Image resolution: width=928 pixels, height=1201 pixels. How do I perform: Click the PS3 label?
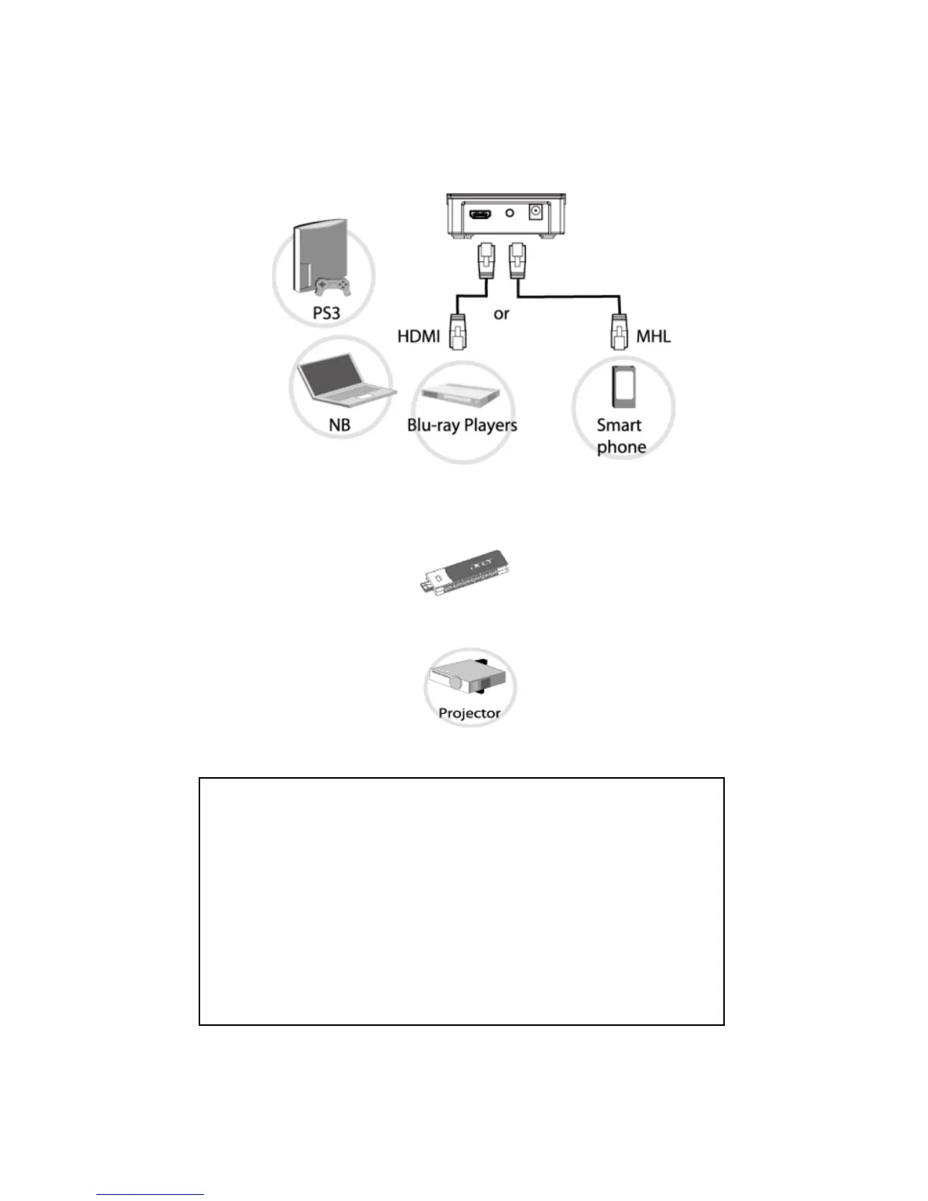point(327,313)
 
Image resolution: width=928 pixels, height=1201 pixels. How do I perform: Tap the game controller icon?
point(332,287)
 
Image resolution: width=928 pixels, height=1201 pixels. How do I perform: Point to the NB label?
point(340,425)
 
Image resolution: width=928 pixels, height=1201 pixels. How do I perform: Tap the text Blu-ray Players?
point(462,425)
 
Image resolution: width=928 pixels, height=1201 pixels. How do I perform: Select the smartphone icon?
point(623,387)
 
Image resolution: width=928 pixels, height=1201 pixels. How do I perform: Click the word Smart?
point(619,425)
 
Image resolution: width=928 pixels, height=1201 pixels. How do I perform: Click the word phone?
point(621,447)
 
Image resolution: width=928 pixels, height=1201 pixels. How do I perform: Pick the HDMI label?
point(419,336)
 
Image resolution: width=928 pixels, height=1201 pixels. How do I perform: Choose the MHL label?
point(654,336)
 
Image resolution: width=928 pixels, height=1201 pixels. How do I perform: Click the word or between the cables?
point(501,314)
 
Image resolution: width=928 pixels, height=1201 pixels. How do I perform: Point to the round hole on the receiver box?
point(509,213)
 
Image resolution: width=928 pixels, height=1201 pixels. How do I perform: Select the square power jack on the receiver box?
point(536,212)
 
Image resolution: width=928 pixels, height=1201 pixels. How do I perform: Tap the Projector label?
point(469,713)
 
